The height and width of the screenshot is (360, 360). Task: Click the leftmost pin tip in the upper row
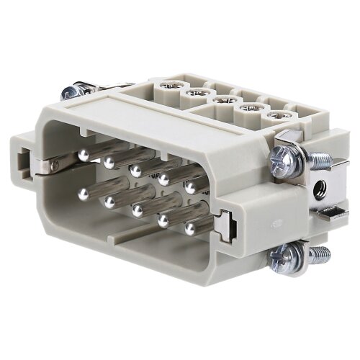click(x=84, y=154)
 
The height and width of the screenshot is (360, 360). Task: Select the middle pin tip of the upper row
click(x=135, y=171)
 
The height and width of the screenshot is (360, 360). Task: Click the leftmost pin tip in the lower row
click(x=84, y=193)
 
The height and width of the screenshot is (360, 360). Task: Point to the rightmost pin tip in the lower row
click(x=190, y=228)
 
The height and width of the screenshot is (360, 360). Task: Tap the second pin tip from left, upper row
click(x=109, y=163)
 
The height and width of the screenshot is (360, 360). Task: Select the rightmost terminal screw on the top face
click(x=274, y=115)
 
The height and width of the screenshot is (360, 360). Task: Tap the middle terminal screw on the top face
click(x=224, y=99)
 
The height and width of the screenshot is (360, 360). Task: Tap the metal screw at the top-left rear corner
click(x=70, y=92)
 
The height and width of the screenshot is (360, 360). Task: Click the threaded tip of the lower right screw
click(x=320, y=253)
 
